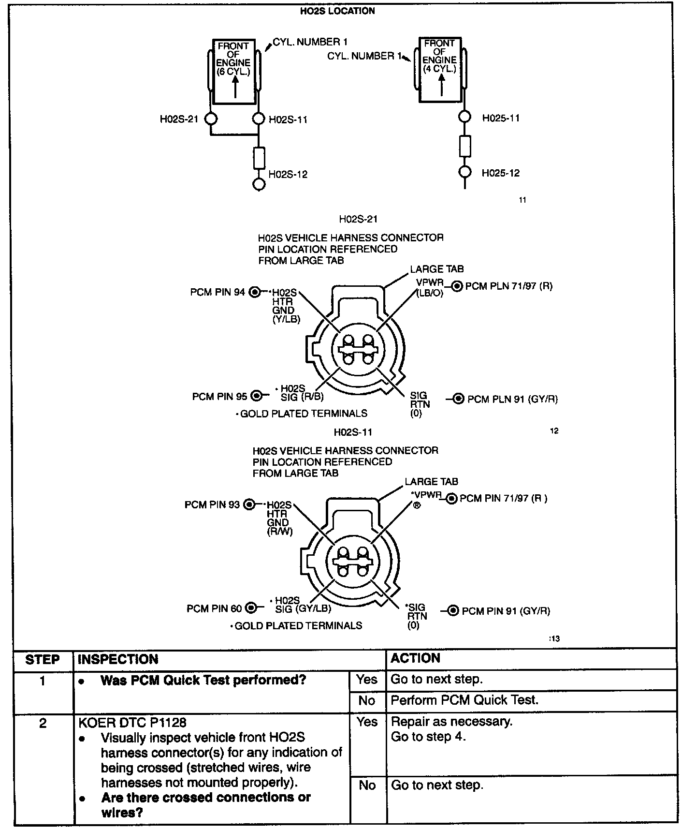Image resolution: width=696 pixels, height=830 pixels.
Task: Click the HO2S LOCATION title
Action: coord(337,11)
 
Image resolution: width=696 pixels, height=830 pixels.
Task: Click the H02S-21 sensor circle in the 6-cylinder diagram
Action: coord(211,119)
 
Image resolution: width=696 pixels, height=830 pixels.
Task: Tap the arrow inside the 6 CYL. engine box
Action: coord(235,88)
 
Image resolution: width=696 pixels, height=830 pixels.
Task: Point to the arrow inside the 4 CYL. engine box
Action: coord(441,86)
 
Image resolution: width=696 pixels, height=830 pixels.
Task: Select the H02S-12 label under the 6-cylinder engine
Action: coord(288,174)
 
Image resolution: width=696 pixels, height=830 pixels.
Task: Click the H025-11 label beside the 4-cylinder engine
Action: coord(501,118)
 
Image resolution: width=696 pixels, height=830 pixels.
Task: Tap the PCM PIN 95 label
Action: coord(219,397)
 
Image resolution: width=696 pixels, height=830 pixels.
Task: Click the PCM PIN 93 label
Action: coord(212,505)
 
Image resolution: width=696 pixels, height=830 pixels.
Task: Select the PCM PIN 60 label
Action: coord(214,608)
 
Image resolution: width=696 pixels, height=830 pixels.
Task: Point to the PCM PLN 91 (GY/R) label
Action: coord(512,399)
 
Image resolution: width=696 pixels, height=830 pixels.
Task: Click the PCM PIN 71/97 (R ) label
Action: coord(503,498)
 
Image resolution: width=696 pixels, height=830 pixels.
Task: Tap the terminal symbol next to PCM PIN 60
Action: coord(251,608)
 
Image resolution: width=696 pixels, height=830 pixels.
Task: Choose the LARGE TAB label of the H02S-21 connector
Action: coord(436,269)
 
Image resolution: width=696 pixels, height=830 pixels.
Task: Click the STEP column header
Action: coord(43,659)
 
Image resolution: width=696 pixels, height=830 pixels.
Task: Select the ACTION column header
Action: coord(416,658)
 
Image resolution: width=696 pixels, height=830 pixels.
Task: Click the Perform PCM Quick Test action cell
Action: coord(464,700)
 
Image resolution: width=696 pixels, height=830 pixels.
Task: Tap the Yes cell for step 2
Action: coord(367,722)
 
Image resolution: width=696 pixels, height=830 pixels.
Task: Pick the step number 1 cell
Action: coord(43,681)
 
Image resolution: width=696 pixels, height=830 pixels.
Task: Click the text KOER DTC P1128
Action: coord(132,723)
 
